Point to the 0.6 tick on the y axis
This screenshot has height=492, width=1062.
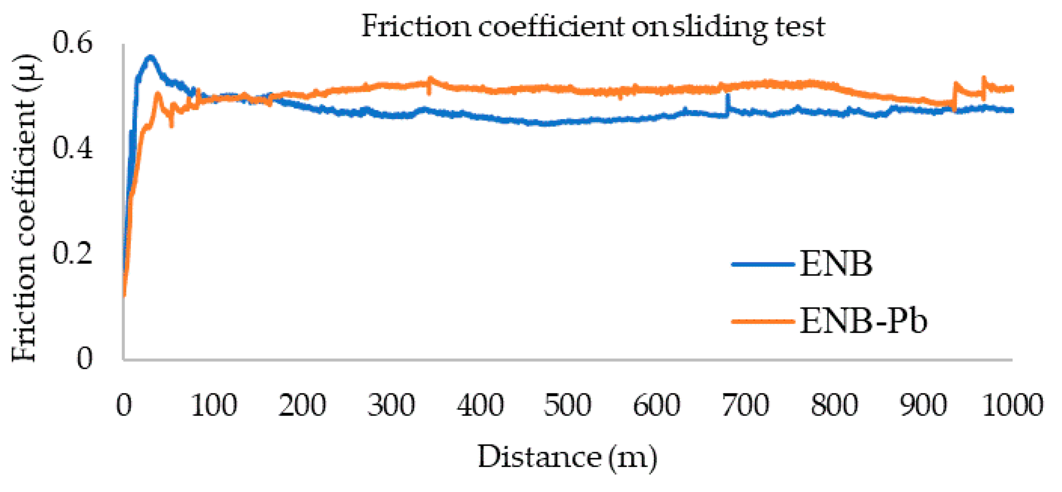pos(72,43)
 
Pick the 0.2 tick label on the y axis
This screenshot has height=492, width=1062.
pos(72,253)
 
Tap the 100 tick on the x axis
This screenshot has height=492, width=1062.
pos(214,405)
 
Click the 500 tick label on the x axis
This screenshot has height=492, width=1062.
pos(567,405)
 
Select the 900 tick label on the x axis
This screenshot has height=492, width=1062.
pos(923,405)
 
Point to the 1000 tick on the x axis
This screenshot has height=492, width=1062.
pos(1013,405)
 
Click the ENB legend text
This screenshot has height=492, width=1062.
pos(836,264)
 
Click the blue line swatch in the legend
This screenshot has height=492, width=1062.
pos(763,265)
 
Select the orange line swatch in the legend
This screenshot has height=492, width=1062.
pos(763,321)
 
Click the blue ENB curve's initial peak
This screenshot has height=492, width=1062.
pos(150,57)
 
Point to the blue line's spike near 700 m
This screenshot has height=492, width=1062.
pos(727,97)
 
